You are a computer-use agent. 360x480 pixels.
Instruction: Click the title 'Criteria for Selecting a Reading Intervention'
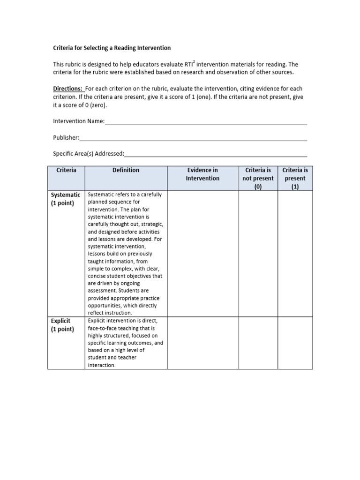click(112, 48)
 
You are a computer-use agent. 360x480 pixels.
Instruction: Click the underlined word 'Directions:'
click(68, 89)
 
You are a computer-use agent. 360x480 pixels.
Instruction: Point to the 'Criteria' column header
click(66, 171)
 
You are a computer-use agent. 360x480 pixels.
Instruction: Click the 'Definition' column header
click(126, 171)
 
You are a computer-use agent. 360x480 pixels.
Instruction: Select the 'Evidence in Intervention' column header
click(202, 174)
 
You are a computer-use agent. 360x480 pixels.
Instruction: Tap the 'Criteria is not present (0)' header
click(258, 178)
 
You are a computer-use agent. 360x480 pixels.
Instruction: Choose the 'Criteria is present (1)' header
click(295, 178)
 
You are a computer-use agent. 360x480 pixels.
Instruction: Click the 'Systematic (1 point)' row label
click(66, 199)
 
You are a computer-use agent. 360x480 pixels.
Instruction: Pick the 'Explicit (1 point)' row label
click(62, 325)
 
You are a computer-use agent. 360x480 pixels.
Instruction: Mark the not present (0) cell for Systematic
click(258, 254)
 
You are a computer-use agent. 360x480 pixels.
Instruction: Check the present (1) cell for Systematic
click(295, 254)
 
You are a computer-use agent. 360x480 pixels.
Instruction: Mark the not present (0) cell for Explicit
click(258, 343)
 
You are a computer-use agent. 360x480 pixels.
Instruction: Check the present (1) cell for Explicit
click(295, 343)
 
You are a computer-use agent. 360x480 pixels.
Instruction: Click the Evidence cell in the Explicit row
click(202, 343)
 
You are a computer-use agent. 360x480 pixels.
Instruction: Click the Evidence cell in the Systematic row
click(202, 254)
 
